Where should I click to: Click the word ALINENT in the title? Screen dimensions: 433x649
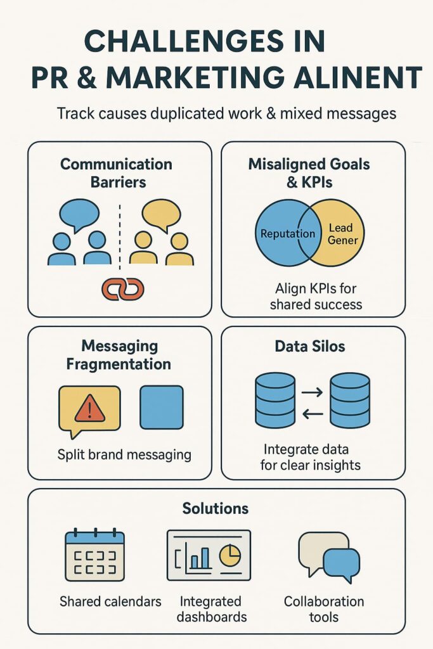tap(358, 77)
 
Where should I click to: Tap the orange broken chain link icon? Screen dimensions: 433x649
tap(123, 288)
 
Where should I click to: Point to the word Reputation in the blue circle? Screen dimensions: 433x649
tap(288, 234)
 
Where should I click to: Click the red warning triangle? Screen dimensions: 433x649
tap(89, 408)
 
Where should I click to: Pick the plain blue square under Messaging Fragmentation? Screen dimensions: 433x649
tap(162, 408)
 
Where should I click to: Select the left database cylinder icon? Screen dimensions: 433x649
tap(275, 401)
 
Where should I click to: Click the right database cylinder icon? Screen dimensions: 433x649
tap(350, 401)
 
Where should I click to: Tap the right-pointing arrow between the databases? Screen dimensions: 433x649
tap(313, 392)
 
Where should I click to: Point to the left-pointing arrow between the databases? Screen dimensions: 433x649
tap(313, 413)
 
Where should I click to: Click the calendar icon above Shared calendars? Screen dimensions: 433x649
tap(95, 555)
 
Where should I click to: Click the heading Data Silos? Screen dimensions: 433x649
tap(309, 347)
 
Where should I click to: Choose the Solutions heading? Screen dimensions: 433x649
tap(216, 508)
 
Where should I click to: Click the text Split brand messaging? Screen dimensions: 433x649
tap(124, 455)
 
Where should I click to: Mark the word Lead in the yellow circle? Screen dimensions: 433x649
tap(340, 228)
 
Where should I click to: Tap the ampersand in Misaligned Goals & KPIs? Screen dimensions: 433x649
tap(292, 182)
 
